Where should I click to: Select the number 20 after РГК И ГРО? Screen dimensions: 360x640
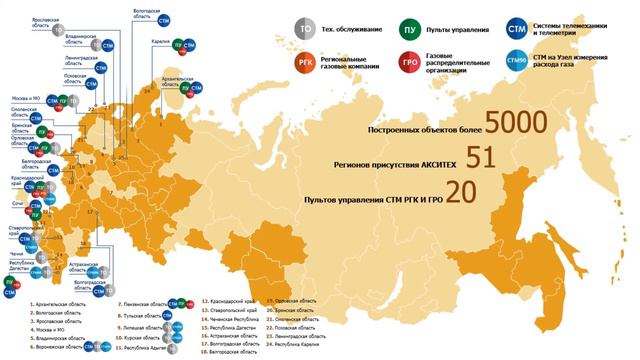point(460,193)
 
